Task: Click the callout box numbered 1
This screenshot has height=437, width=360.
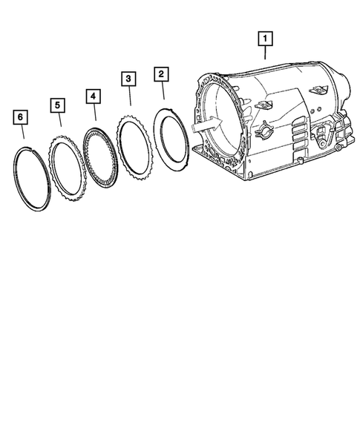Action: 265,36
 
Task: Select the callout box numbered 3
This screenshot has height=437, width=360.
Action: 128,79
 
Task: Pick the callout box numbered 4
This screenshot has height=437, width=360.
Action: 93,96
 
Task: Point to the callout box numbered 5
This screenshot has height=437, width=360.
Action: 57,105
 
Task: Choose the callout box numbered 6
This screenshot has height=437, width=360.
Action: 21,117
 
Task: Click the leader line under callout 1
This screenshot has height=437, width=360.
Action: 265,51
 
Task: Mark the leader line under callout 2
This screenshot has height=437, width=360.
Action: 163,91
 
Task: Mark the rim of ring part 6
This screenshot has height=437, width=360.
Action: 17,178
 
